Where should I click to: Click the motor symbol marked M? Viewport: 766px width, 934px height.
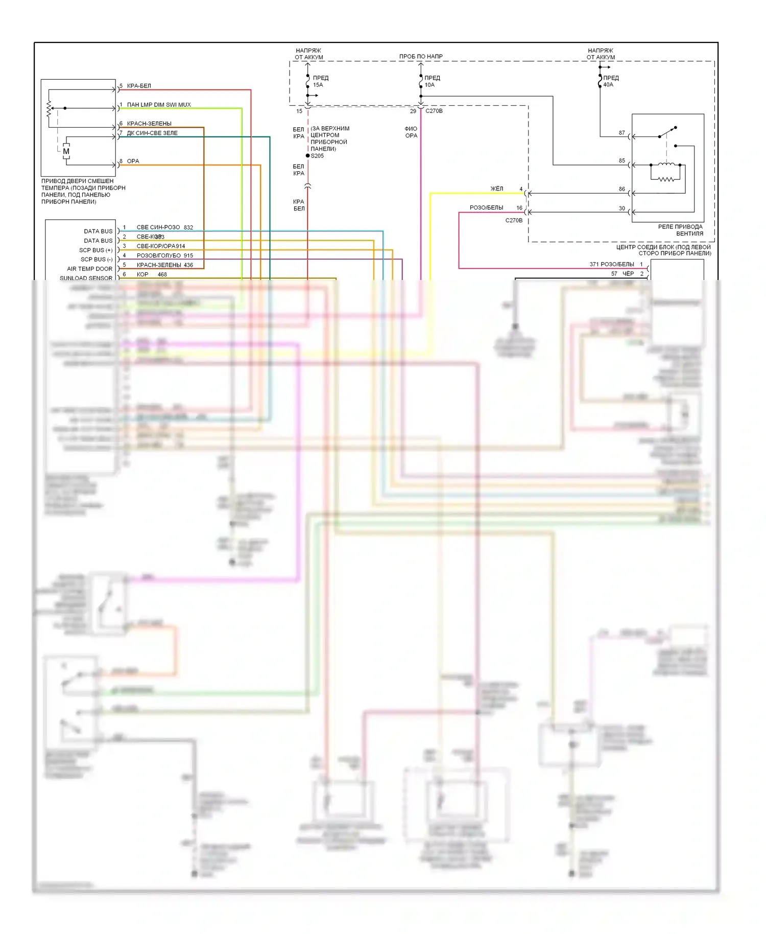coord(66,151)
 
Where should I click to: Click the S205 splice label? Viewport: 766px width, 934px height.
coord(317,156)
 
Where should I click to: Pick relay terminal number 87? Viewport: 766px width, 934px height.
coord(621,133)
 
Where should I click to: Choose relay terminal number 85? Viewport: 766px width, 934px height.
coord(621,161)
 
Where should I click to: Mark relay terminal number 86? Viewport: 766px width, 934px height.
coord(621,189)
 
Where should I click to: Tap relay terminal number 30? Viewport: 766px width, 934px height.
coord(621,208)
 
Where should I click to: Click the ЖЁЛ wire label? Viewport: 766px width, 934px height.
coord(496,189)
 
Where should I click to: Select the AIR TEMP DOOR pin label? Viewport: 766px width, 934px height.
coord(89,269)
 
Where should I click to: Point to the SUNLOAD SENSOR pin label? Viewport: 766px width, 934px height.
coord(86,278)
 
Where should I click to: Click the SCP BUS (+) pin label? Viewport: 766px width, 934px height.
coord(95,250)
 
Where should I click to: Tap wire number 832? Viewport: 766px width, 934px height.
coord(188,227)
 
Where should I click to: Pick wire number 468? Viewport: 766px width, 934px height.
coord(162,274)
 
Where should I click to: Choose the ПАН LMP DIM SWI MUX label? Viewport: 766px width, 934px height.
coord(158,105)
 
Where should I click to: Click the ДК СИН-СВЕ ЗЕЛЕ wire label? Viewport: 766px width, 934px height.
coord(152,133)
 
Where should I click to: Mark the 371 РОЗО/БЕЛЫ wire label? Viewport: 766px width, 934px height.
coord(611,264)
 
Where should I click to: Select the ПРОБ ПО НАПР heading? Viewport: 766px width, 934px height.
coord(421,56)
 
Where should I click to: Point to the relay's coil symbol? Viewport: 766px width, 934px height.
coord(666,165)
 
